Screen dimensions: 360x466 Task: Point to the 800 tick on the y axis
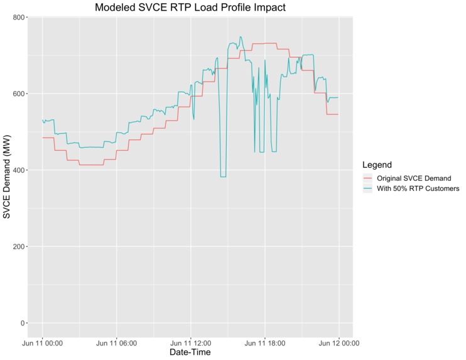[x=19, y=18]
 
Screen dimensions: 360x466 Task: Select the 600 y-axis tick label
[x=19, y=94]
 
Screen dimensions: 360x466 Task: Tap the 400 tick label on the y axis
[x=19, y=170]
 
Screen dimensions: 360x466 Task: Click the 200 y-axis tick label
[x=19, y=247]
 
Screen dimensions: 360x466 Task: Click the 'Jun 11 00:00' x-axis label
[x=42, y=343]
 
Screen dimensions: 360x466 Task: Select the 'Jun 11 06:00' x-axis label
[x=116, y=343]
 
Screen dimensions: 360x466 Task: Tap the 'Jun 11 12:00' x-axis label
[x=190, y=343]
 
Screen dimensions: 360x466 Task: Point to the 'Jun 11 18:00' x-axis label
[x=264, y=343]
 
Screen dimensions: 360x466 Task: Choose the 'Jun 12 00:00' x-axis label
[x=339, y=343]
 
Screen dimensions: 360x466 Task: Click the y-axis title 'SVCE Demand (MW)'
[x=8, y=177]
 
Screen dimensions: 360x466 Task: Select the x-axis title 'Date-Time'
[x=190, y=353]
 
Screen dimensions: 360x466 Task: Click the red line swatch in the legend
[x=368, y=178]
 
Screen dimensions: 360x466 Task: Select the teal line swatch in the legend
[x=368, y=188]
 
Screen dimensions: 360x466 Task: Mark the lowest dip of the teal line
[x=223, y=177]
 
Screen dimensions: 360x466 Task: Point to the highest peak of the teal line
[x=241, y=37]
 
